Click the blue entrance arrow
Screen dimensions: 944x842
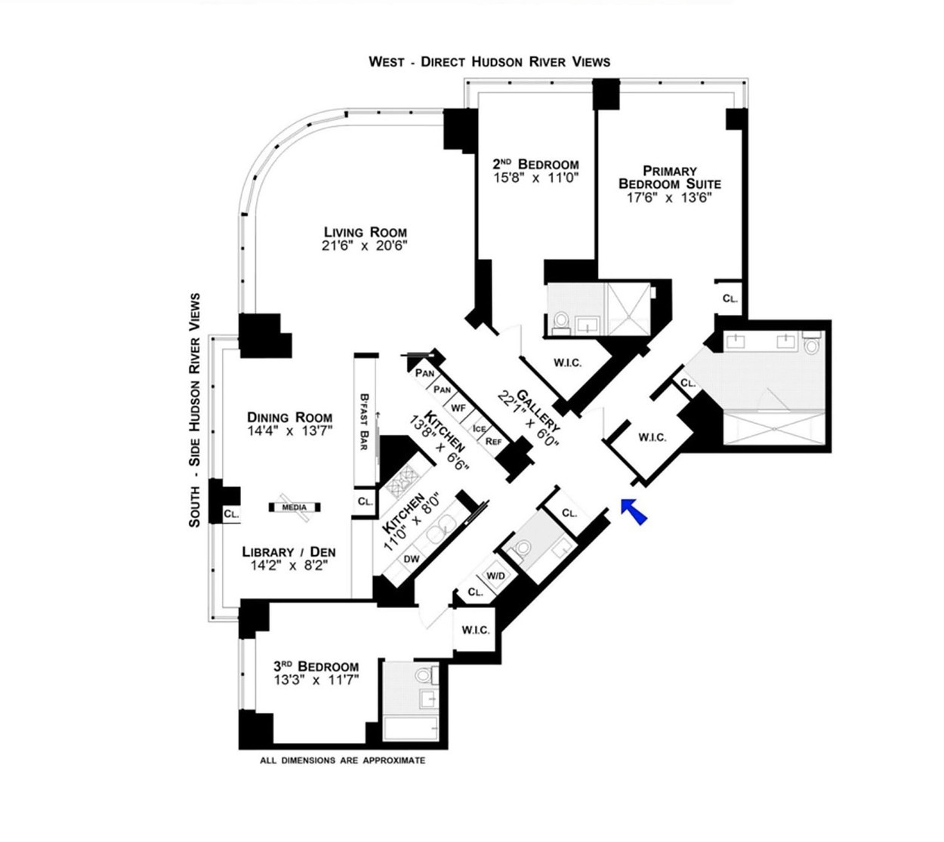coord(634,511)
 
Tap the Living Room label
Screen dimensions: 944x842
coord(366,232)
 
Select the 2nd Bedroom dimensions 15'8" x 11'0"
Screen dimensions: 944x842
coord(536,177)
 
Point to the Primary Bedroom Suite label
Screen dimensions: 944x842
coord(670,177)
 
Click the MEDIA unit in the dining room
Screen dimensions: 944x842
coord(295,507)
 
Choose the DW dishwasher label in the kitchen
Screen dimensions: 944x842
coord(411,559)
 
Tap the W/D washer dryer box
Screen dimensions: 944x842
coord(495,575)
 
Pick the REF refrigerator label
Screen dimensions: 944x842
coord(493,441)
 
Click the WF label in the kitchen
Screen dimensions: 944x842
coord(458,409)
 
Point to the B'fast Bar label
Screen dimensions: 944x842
coord(364,422)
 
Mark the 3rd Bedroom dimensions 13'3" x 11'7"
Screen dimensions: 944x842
coord(316,680)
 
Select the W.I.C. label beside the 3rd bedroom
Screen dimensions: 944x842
coord(475,631)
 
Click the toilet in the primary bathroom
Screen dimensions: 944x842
coord(811,342)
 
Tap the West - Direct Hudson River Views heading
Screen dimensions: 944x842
coord(489,61)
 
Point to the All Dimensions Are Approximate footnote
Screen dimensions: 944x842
coord(342,761)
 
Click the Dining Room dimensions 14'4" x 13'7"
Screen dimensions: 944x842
coord(289,430)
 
